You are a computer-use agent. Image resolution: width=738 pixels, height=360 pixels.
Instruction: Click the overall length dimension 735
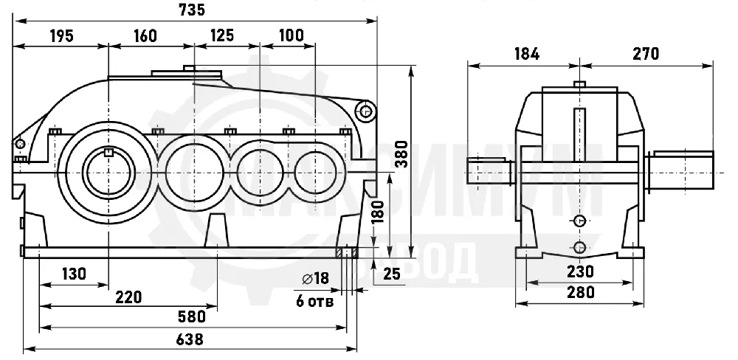(x=192, y=10)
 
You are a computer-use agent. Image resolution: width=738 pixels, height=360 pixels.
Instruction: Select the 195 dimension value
(x=62, y=35)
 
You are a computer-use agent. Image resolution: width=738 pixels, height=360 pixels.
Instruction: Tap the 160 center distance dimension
(x=145, y=35)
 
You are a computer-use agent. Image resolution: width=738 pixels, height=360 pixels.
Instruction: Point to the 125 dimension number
(x=221, y=35)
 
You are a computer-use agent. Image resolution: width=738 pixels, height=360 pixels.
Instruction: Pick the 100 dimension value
(x=292, y=35)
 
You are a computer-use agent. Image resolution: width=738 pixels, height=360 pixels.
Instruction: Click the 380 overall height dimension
(x=401, y=154)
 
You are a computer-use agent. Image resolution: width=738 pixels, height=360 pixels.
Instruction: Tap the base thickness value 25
(x=391, y=273)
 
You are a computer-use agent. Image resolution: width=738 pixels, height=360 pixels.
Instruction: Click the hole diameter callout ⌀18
(x=315, y=279)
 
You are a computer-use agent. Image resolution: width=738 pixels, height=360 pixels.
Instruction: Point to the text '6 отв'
(x=314, y=301)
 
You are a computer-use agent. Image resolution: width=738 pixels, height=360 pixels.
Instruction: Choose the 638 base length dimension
(x=190, y=339)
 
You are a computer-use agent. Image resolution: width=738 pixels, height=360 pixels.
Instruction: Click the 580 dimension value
(x=193, y=316)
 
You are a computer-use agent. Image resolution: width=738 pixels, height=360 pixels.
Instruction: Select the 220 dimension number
(x=128, y=297)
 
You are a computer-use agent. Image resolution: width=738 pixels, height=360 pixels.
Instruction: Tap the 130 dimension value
(x=74, y=274)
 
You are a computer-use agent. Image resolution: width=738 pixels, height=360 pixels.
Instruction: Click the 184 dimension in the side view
(x=526, y=54)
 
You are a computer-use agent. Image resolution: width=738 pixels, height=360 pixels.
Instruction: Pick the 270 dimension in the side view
(x=646, y=54)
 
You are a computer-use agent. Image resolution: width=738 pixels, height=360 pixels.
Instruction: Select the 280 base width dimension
(x=580, y=292)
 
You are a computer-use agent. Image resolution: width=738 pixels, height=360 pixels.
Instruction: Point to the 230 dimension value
(x=580, y=271)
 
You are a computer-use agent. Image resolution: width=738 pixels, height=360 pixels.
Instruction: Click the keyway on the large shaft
(x=108, y=151)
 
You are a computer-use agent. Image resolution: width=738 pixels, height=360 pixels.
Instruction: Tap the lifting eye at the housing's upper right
(x=366, y=111)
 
